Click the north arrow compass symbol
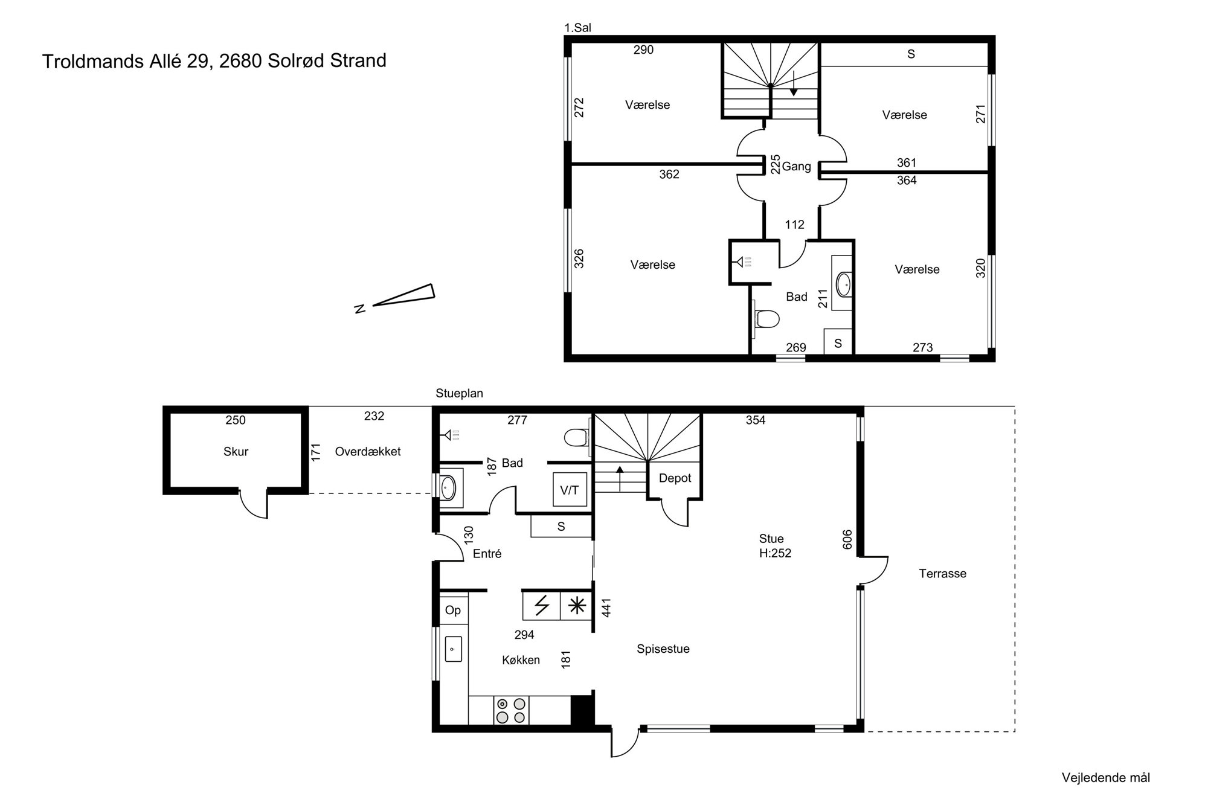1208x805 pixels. pyautogui.click(x=399, y=298)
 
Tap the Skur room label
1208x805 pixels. pyautogui.click(x=236, y=452)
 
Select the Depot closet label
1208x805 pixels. pyautogui.click(x=675, y=478)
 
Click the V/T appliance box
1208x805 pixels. pyautogui.click(x=570, y=490)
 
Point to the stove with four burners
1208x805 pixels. pyautogui.click(x=511, y=710)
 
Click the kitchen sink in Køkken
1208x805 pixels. pyautogui.click(x=454, y=649)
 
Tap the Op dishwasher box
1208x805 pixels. pyautogui.click(x=453, y=610)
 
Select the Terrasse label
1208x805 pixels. pyautogui.click(x=942, y=574)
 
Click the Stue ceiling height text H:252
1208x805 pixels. pyautogui.click(x=775, y=553)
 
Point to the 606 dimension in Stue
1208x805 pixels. pyautogui.click(x=847, y=540)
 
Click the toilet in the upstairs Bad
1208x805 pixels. pyautogui.click(x=767, y=319)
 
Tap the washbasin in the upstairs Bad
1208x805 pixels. pyautogui.click(x=843, y=284)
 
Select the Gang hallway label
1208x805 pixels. pyautogui.click(x=796, y=167)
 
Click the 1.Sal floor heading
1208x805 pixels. pyautogui.click(x=577, y=28)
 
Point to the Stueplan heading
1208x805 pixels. pyautogui.click(x=460, y=394)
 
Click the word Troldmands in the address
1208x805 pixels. pyautogui.click(x=92, y=61)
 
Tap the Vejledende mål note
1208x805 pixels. pyautogui.click(x=1106, y=778)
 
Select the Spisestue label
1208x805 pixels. pyautogui.click(x=663, y=649)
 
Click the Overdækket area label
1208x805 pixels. pyautogui.click(x=368, y=452)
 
